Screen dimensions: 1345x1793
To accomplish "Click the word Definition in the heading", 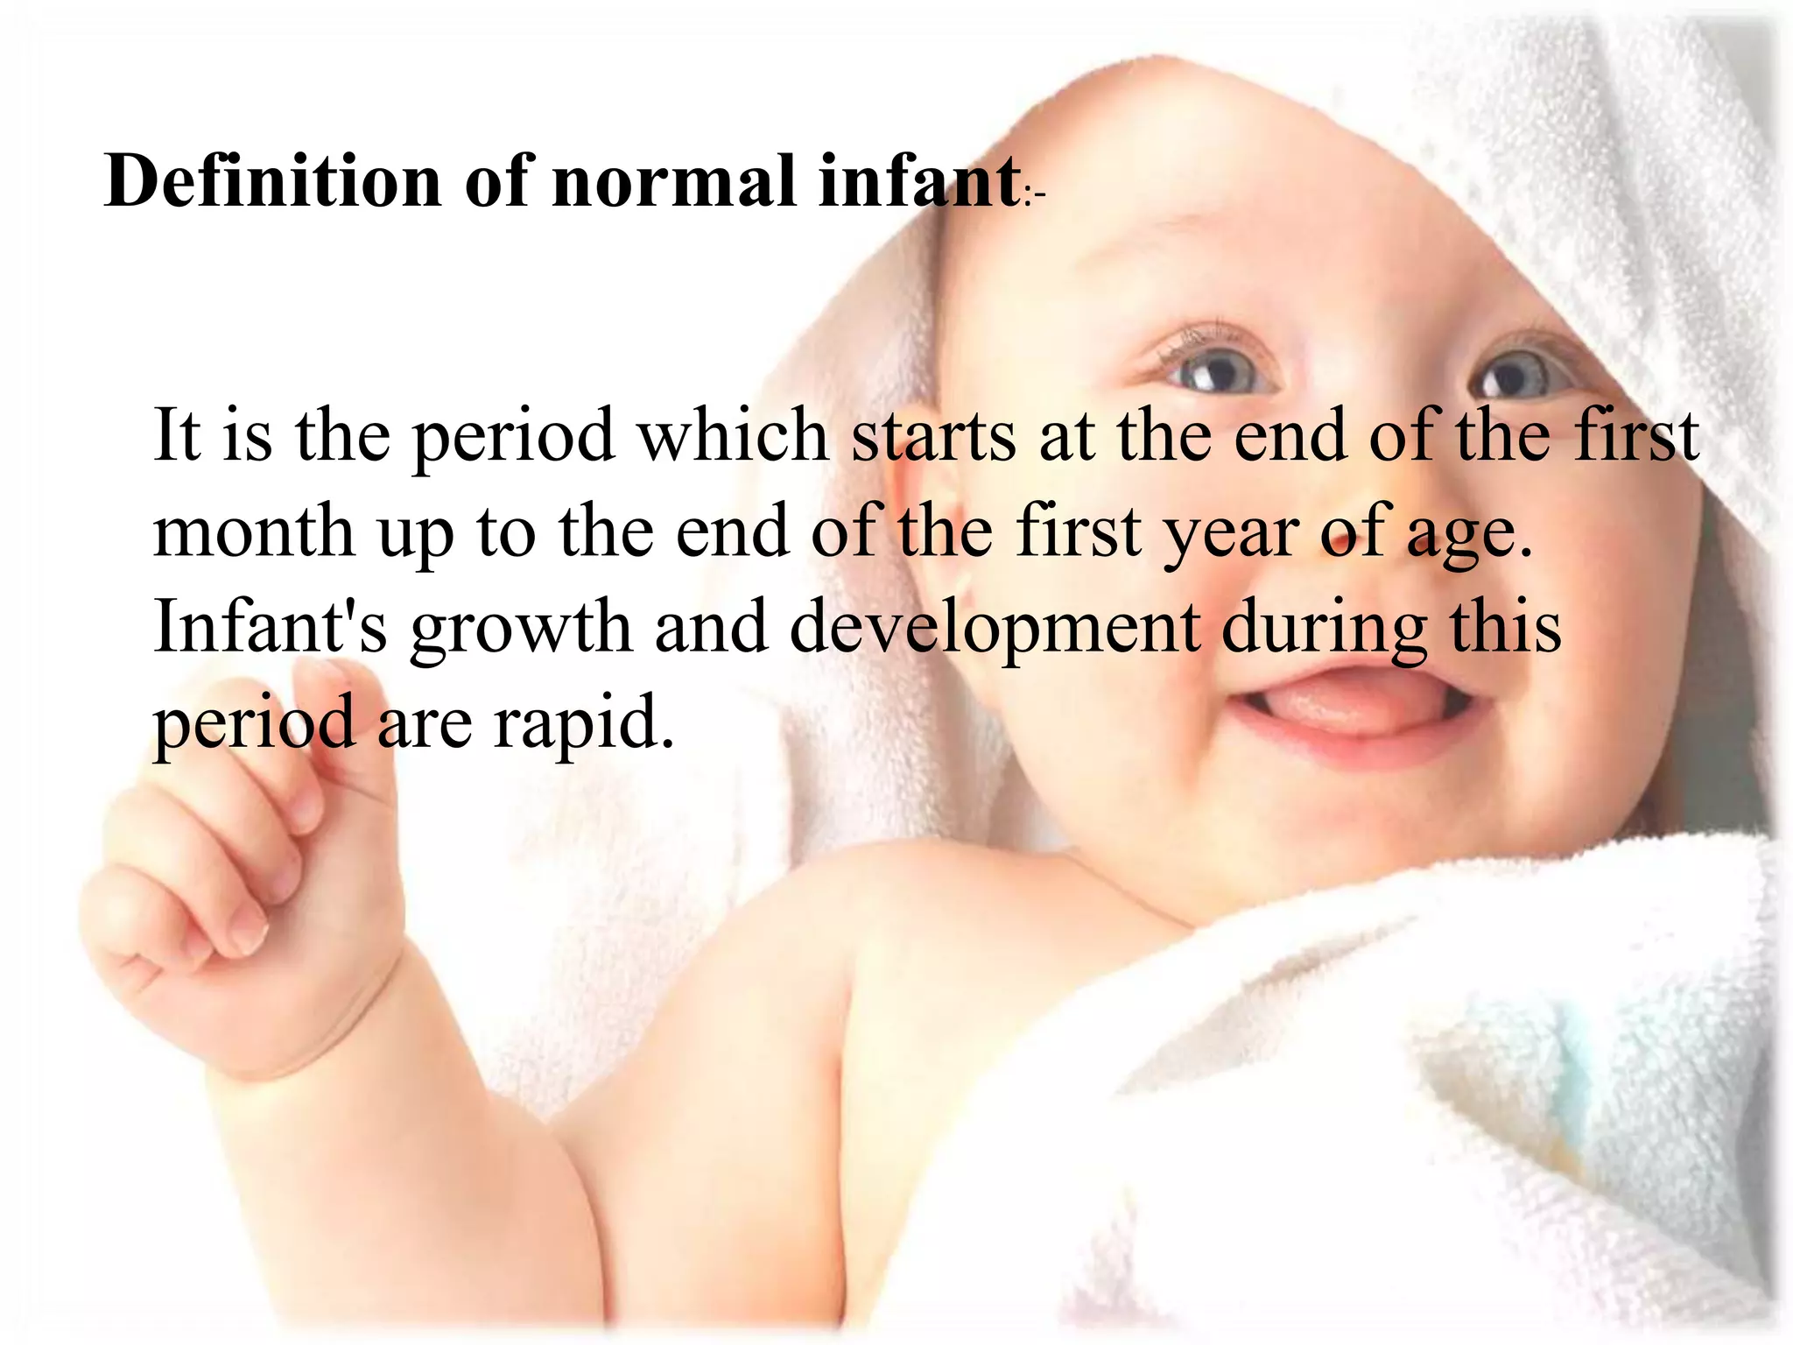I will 272,181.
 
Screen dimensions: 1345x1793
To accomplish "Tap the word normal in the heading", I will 674,181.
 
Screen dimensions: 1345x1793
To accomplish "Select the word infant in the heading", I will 919,181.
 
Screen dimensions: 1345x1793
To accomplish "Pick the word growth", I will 520,629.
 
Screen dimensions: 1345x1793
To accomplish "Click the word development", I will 995,629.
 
